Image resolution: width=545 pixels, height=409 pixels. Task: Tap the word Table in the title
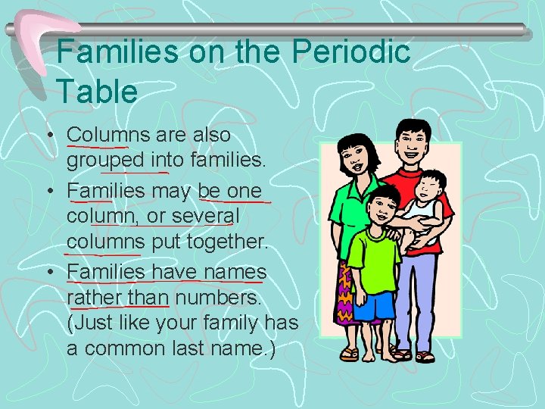pos(97,92)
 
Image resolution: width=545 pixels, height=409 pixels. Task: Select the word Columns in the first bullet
pos(108,135)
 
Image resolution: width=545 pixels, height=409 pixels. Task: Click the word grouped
pos(105,161)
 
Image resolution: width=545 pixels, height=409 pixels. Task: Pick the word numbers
pos(218,297)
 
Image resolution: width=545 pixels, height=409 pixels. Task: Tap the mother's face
pos(354,161)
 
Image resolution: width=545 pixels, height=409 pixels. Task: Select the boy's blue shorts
pos(375,304)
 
